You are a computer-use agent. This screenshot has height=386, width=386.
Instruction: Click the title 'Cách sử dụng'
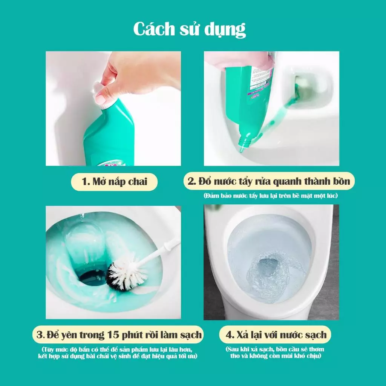(x=190, y=30)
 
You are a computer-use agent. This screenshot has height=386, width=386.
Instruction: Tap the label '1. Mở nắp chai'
(x=114, y=182)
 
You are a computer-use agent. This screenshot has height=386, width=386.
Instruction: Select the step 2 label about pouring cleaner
(x=269, y=182)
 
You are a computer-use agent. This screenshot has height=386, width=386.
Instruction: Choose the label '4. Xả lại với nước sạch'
(x=276, y=334)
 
